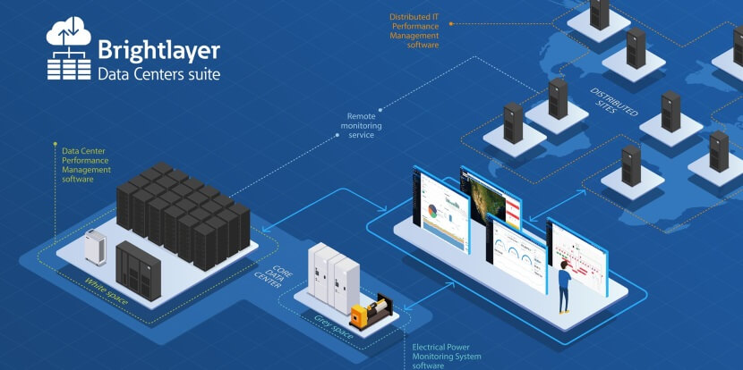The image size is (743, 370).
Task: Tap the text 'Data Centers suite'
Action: [x=158, y=72]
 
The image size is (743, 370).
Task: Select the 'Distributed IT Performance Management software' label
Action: [x=414, y=30]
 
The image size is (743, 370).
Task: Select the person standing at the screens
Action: [x=564, y=285]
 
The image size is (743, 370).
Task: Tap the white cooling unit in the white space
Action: [x=96, y=247]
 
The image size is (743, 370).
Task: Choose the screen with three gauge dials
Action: [x=517, y=254]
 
